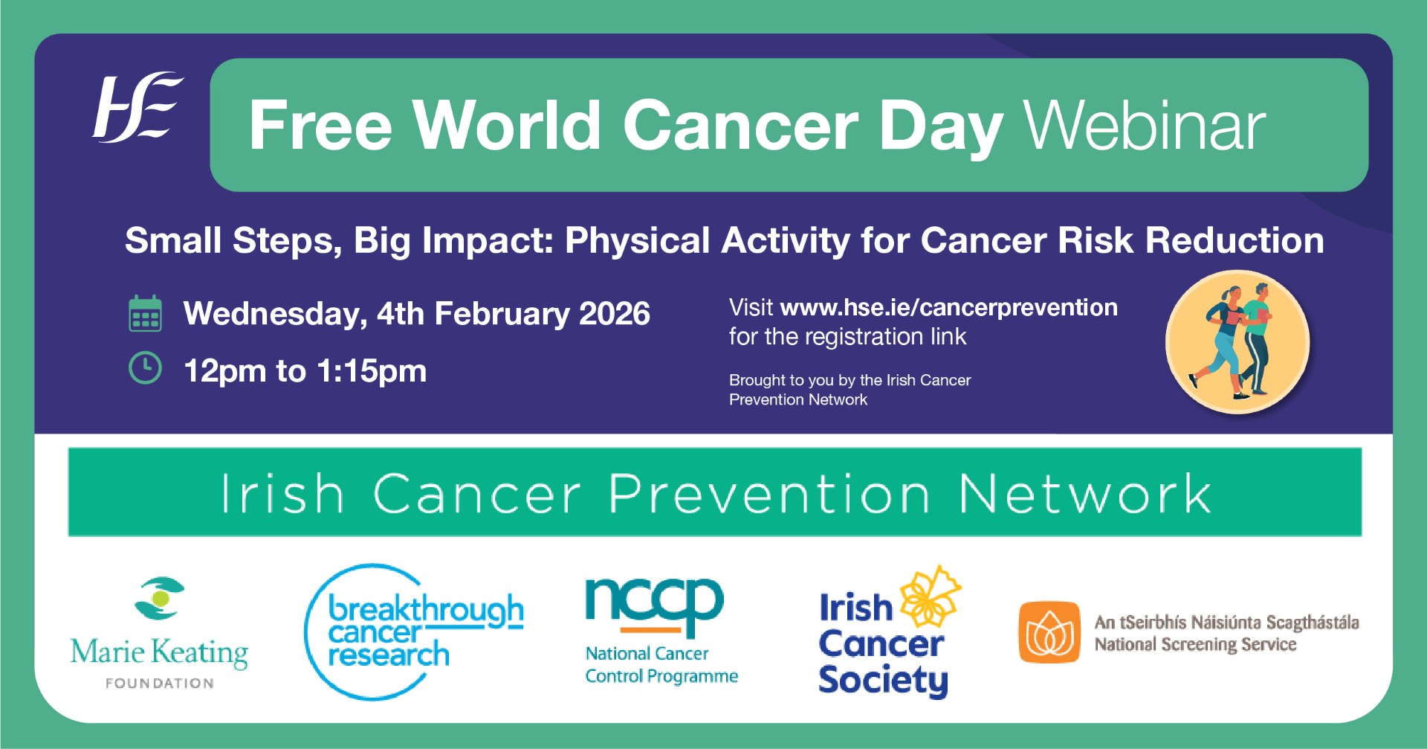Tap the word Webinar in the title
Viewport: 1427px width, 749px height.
point(1145,126)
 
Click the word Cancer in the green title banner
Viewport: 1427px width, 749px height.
point(740,126)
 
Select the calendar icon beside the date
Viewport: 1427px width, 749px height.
point(145,313)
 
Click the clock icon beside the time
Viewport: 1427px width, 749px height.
point(145,368)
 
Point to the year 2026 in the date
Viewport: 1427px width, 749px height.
point(615,313)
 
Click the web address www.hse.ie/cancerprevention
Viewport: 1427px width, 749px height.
point(949,308)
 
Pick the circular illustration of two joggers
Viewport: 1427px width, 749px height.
point(1237,341)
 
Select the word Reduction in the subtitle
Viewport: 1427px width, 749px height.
point(1235,240)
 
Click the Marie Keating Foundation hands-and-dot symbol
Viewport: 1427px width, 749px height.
point(159,598)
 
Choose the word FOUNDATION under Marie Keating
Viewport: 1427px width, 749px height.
point(160,683)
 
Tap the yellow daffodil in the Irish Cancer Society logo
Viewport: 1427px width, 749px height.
point(930,596)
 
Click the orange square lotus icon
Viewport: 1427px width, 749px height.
point(1049,631)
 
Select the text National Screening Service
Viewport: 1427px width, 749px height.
point(1195,644)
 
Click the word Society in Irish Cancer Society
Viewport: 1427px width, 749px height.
point(883,681)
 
